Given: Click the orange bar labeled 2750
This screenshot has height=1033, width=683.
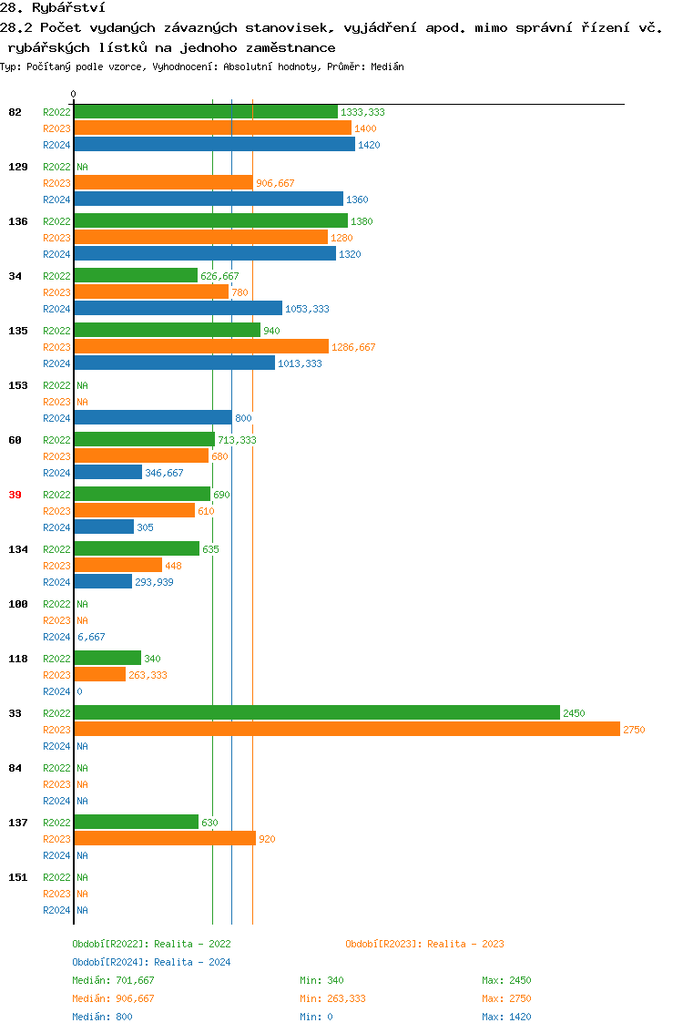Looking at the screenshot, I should point(346,730).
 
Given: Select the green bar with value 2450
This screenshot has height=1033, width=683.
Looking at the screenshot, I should point(317,713).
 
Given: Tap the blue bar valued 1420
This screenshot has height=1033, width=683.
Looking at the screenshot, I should point(214,145).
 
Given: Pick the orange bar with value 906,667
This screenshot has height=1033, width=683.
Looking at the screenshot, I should point(163,183).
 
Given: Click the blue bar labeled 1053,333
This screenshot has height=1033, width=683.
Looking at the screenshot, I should point(178,309).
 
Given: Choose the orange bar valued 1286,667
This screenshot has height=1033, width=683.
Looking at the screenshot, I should point(201,347).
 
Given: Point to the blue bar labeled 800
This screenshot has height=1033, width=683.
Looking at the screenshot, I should point(153,418).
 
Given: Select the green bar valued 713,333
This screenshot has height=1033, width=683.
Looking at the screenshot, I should point(144,440).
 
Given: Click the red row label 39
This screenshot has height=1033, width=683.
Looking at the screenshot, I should point(15,495).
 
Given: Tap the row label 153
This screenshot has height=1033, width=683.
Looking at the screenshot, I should point(18,385).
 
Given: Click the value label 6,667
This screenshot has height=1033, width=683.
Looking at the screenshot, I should point(91,637).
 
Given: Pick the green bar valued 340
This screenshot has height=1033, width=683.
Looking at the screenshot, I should point(107,659).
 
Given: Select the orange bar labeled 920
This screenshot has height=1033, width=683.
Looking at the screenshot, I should point(165,839).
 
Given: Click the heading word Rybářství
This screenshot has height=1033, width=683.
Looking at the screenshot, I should point(68,7).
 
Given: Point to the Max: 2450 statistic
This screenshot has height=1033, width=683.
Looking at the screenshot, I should point(506,980).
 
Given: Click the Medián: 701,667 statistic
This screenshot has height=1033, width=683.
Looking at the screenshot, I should point(113,980).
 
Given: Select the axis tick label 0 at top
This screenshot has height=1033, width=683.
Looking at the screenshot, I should point(74,94).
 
